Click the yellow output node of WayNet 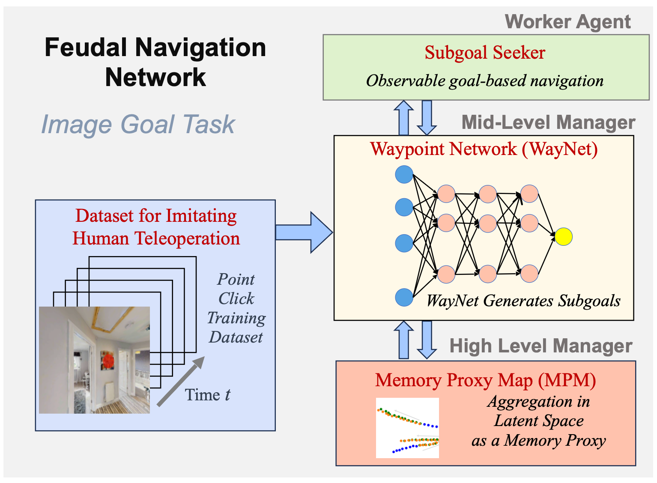coord(563,237)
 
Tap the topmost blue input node coord(404,174)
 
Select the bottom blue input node coord(404,297)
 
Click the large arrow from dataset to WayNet coord(304,233)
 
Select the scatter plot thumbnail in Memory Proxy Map coord(407,428)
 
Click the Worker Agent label coord(567,22)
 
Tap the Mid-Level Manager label coord(548,122)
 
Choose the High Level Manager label coord(541,346)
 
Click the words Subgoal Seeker coord(484,53)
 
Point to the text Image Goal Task coord(138,125)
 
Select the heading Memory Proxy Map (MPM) coord(485,380)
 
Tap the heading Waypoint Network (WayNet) coord(484,149)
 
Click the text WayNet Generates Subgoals coord(523,301)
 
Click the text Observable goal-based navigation coord(484,81)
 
